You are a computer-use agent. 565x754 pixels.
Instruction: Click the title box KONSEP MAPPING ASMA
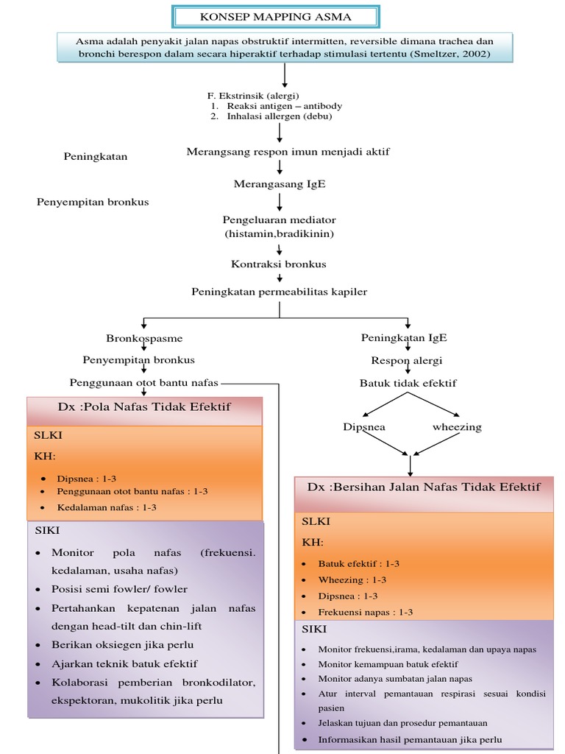pyautogui.click(x=276, y=16)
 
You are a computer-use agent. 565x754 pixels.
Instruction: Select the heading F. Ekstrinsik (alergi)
pyautogui.click(x=254, y=96)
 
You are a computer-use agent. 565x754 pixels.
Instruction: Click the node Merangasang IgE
pyautogui.click(x=280, y=184)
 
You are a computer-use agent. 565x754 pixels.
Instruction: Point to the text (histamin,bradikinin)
pyautogui.click(x=280, y=233)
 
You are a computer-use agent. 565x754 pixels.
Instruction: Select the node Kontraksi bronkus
pyautogui.click(x=279, y=264)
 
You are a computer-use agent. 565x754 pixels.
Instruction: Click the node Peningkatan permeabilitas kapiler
pyautogui.click(x=280, y=292)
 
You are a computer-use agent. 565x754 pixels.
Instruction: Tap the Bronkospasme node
pyautogui.click(x=144, y=338)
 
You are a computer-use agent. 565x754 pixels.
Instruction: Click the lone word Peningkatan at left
pyautogui.click(x=96, y=156)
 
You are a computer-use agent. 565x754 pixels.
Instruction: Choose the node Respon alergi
pyautogui.click(x=407, y=361)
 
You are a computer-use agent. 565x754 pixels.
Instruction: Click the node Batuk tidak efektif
pyautogui.click(x=408, y=383)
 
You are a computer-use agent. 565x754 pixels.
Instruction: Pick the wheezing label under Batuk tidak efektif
pyautogui.click(x=457, y=427)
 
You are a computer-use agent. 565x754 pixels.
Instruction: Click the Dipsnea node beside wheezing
pyautogui.click(x=364, y=427)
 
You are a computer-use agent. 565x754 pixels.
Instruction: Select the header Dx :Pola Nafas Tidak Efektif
pyautogui.click(x=144, y=407)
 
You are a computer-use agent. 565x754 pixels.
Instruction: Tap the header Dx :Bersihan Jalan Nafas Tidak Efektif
pyautogui.click(x=424, y=487)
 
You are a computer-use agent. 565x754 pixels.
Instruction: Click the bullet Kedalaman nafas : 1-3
pyautogui.click(x=107, y=507)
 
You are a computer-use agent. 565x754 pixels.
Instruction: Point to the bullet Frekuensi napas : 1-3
pyautogui.click(x=365, y=612)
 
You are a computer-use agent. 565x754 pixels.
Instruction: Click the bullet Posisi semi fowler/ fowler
pyautogui.click(x=119, y=589)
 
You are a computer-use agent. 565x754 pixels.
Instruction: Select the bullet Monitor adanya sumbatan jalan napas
pyautogui.click(x=395, y=679)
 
